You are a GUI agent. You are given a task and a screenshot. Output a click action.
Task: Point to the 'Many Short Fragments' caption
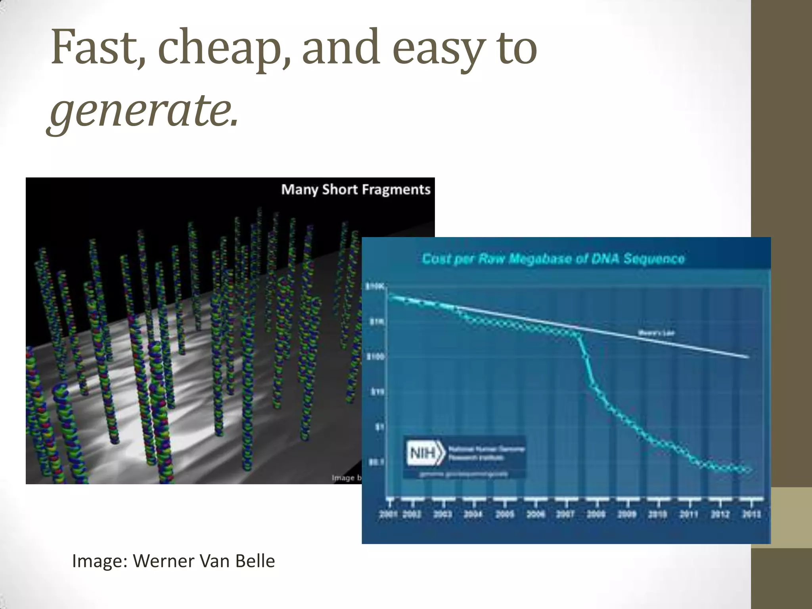click(356, 190)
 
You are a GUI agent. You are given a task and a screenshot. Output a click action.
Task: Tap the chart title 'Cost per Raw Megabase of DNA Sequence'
click(553, 259)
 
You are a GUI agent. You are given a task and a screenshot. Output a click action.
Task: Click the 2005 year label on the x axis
click(504, 514)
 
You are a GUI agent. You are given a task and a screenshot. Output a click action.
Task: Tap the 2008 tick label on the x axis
click(596, 514)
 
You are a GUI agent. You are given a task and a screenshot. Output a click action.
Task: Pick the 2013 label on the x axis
click(751, 514)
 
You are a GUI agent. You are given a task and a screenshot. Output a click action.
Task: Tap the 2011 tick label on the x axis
click(689, 514)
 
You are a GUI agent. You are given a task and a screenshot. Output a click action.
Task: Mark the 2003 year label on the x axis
click(443, 514)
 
